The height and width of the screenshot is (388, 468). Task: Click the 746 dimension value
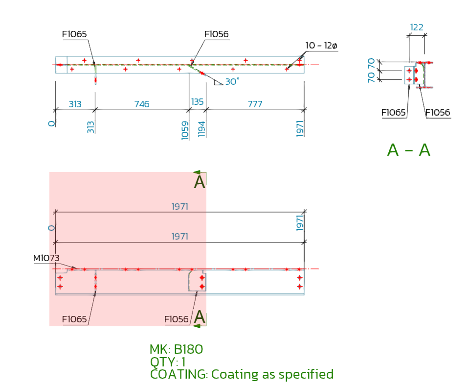point(141,104)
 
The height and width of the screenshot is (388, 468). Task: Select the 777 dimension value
point(255,104)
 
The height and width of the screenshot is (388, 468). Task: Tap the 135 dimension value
point(198,102)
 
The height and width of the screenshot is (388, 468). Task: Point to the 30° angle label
point(232,82)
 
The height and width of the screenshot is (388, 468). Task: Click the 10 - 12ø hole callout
point(321,46)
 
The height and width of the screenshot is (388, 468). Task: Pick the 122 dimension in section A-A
point(417,27)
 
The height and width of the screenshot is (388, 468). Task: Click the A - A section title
point(408,150)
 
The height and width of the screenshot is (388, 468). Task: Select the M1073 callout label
point(46,258)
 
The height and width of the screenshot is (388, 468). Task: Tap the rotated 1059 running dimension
point(185,130)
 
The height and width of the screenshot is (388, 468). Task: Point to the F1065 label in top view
point(74,34)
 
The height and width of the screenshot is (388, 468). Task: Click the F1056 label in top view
point(216,34)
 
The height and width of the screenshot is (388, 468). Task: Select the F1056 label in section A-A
point(438,113)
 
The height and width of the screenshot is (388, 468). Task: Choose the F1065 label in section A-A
point(394,113)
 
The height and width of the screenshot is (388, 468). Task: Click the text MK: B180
point(176,349)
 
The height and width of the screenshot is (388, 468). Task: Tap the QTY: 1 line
point(168,362)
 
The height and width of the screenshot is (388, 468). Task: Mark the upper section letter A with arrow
point(200,182)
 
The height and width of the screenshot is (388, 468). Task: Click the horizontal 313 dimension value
point(75,104)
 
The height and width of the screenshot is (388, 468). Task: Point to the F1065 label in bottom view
point(74,319)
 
